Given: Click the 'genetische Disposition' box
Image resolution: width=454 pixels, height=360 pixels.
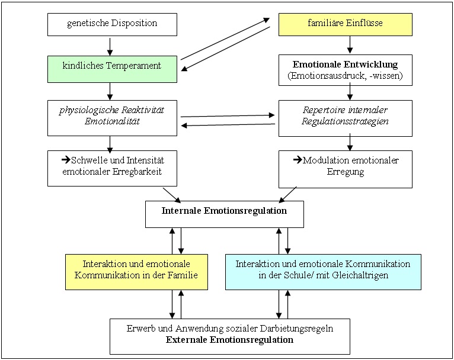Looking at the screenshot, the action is (x=112, y=25).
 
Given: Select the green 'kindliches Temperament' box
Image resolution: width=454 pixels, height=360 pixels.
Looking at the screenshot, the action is (x=112, y=69).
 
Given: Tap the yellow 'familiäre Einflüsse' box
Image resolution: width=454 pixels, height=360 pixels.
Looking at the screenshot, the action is (x=345, y=25).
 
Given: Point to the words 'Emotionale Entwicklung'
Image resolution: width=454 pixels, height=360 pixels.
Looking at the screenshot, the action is (x=345, y=64).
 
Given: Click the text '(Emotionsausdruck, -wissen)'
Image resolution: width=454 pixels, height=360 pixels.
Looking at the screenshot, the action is (x=345, y=76).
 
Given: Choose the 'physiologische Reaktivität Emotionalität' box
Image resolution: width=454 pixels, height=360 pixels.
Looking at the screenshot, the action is (x=112, y=118).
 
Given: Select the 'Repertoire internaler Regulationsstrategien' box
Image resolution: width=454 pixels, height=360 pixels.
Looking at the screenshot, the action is (x=345, y=118).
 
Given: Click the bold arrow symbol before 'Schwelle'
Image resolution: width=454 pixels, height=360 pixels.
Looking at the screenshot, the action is (x=66, y=159).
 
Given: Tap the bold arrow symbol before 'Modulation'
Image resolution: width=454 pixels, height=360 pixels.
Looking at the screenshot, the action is (x=298, y=159).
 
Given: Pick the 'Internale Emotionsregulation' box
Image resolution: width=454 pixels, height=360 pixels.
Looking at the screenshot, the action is (x=225, y=214).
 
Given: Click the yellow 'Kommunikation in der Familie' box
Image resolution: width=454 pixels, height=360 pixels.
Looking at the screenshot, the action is (x=136, y=272).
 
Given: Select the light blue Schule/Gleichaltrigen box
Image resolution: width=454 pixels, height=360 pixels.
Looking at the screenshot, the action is (x=323, y=272).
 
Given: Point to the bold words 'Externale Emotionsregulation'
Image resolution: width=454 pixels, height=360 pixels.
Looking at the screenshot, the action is (x=229, y=339).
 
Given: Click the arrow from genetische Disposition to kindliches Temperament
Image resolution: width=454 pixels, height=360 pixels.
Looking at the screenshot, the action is (x=110, y=46).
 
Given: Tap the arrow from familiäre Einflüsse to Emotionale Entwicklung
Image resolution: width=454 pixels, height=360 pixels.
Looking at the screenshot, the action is (x=350, y=45).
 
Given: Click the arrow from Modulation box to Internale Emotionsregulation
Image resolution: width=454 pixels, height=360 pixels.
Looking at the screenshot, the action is (x=287, y=195).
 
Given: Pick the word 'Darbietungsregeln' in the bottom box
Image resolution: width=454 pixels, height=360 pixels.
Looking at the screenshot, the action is (x=296, y=329).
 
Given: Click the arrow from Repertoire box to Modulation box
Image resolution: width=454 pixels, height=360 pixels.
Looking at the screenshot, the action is (x=350, y=142).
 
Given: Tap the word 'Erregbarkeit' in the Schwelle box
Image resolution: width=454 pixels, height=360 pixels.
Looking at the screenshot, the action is (x=137, y=172).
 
